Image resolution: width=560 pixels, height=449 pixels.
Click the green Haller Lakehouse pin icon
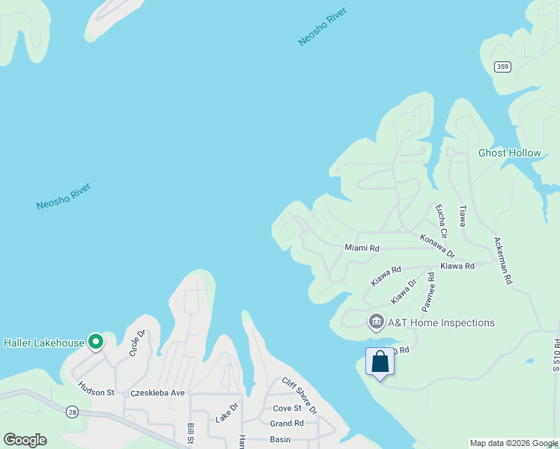96,342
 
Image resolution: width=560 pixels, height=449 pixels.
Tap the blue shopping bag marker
380,362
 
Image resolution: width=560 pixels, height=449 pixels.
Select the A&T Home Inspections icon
376,323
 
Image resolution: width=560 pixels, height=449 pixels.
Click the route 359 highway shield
503,67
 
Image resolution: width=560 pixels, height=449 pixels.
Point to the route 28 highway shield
72,412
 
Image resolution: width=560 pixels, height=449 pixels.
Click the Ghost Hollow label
509,153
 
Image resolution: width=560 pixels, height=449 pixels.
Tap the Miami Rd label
362,248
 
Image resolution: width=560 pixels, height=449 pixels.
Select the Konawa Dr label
437,248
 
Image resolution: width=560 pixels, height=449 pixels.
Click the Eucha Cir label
441,215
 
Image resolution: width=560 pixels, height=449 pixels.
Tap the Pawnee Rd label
428,292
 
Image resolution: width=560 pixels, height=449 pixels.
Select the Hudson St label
96,391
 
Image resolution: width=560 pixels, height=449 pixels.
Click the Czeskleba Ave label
157,392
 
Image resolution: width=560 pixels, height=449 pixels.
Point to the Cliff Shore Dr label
299,396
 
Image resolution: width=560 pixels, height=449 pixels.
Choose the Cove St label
287,409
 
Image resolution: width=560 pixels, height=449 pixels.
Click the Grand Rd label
287,423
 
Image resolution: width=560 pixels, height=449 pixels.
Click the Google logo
25,440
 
